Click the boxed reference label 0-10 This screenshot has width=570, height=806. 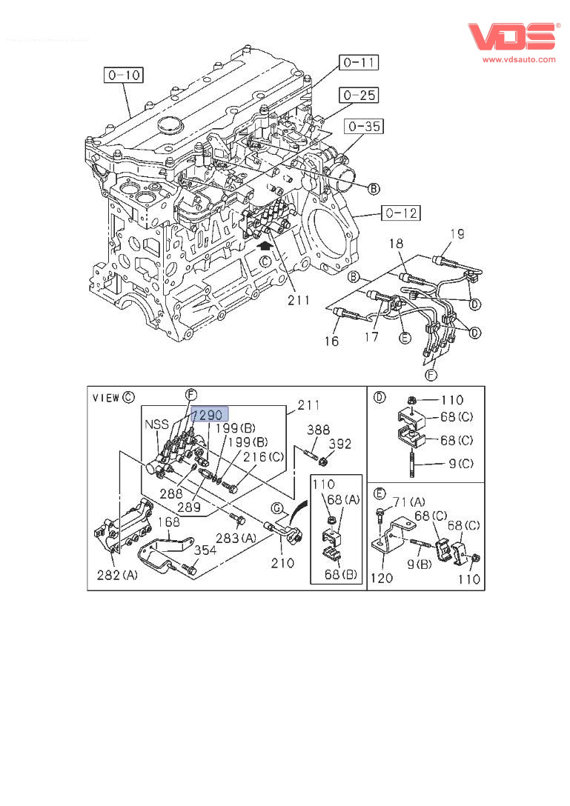pyautogui.click(x=124, y=75)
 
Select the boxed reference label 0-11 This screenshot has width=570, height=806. pyautogui.click(x=359, y=63)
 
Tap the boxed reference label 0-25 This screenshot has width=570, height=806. pyautogui.click(x=359, y=95)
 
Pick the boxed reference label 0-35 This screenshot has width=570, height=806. pyautogui.click(x=364, y=126)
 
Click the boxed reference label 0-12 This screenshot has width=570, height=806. pyautogui.click(x=401, y=213)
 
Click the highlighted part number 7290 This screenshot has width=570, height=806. pyautogui.click(x=209, y=414)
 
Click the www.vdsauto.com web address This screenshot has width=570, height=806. pyautogui.click(x=519, y=59)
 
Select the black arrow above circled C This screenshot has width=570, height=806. pyautogui.click(x=265, y=246)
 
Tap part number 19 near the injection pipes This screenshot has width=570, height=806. pyautogui.click(x=457, y=234)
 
